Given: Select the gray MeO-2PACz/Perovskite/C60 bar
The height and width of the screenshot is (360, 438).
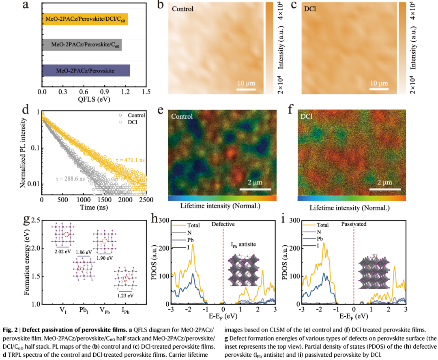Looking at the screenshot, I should coord(82,45).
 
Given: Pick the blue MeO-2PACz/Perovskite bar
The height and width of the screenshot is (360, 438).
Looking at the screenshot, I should coord(86,71).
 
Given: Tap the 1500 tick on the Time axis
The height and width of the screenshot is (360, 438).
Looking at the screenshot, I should coord(105,200).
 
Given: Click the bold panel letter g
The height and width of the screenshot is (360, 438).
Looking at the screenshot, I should coord(27,220).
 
